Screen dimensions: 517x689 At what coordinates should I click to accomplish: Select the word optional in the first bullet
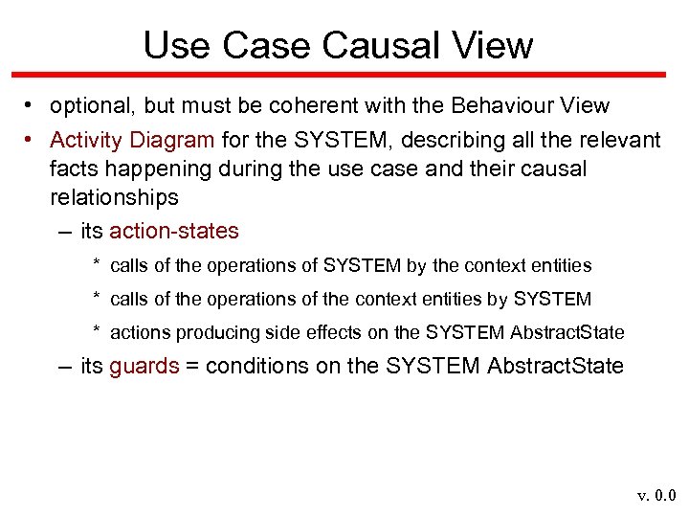(x=89, y=106)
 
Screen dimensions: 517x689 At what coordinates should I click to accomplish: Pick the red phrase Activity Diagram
(x=132, y=140)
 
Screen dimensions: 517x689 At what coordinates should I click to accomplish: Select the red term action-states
(x=174, y=231)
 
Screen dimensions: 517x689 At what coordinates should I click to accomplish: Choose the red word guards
(x=144, y=366)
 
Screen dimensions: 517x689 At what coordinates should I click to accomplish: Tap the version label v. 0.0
(x=656, y=495)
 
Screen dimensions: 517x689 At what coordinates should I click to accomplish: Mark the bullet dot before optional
(x=32, y=106)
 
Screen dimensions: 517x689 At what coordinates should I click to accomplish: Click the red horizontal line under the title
(x=344, y=74)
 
